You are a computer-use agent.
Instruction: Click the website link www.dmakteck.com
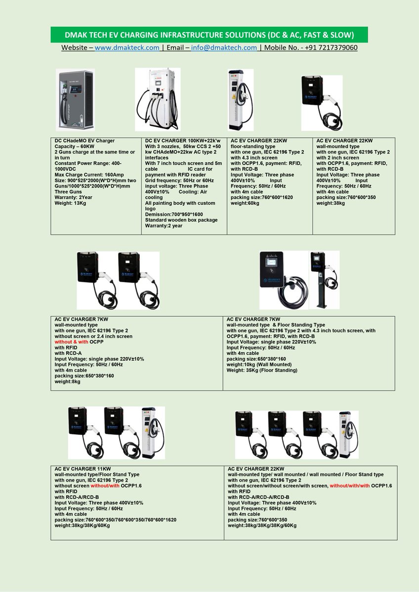[x=127, y=48]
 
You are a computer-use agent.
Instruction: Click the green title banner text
[x=209, y=35]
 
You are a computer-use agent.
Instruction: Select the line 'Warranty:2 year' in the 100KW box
[x=164, y=225]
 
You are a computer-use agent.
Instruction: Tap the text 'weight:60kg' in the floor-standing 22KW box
[x=245, y=203]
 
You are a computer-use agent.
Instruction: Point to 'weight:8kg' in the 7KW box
[x=67, y=381]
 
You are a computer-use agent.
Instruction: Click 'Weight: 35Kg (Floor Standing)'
[x=262, y=370]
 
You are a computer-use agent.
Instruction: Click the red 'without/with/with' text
[x=351, y=486]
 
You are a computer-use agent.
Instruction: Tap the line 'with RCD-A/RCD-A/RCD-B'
[x=258, y=497]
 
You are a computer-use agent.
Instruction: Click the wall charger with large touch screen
[x=278, y=280]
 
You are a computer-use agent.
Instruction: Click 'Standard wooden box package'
[x=181, y=220]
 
